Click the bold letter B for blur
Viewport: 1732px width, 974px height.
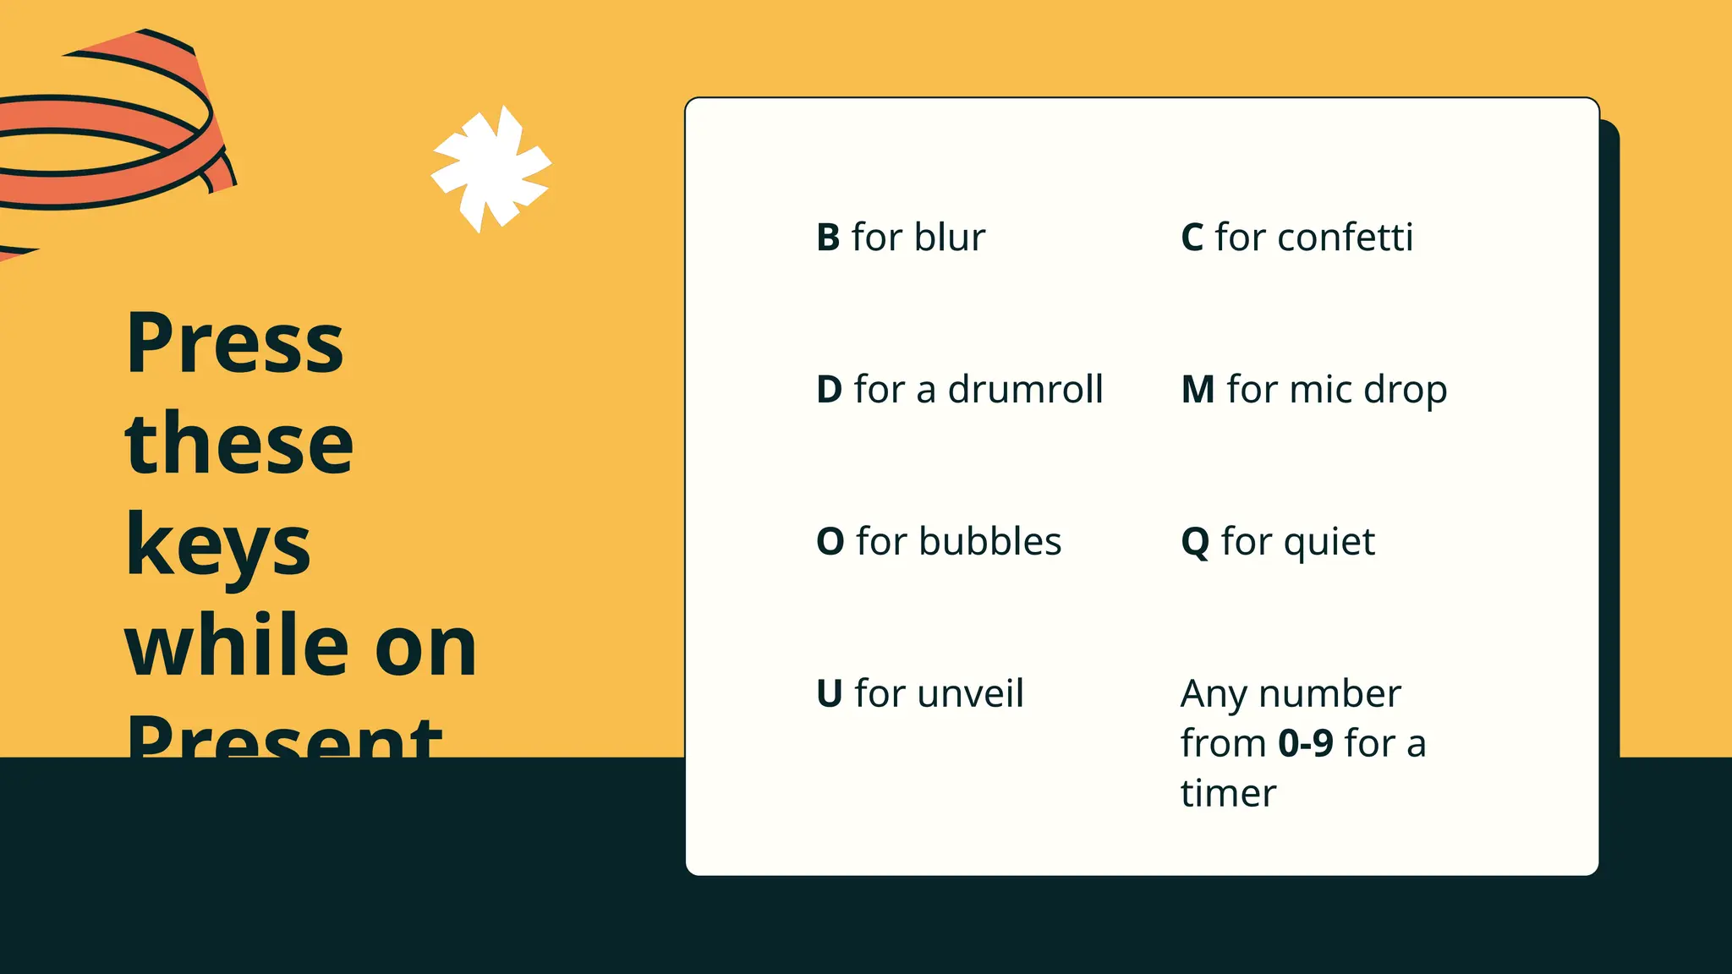(x=828, y=238)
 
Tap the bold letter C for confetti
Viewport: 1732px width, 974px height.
(x=1192, y=238)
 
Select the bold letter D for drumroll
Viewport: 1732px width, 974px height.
(x=829, y=390)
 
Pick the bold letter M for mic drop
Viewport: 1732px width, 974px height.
(x=1198, y=390)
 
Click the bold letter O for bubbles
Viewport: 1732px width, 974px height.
(x=830, y=542)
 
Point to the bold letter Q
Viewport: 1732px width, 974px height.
(x=1195, y=543)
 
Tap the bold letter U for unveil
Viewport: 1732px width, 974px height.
(x=829, y=694)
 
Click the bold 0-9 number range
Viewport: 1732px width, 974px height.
(x=1305, y=744)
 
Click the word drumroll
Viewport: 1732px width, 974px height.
(x=1025, y=390)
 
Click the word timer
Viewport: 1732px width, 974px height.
(x=1228, y=794)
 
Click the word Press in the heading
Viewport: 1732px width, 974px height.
(x=234, y=344)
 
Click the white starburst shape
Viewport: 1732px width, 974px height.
(x=491, y=168)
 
